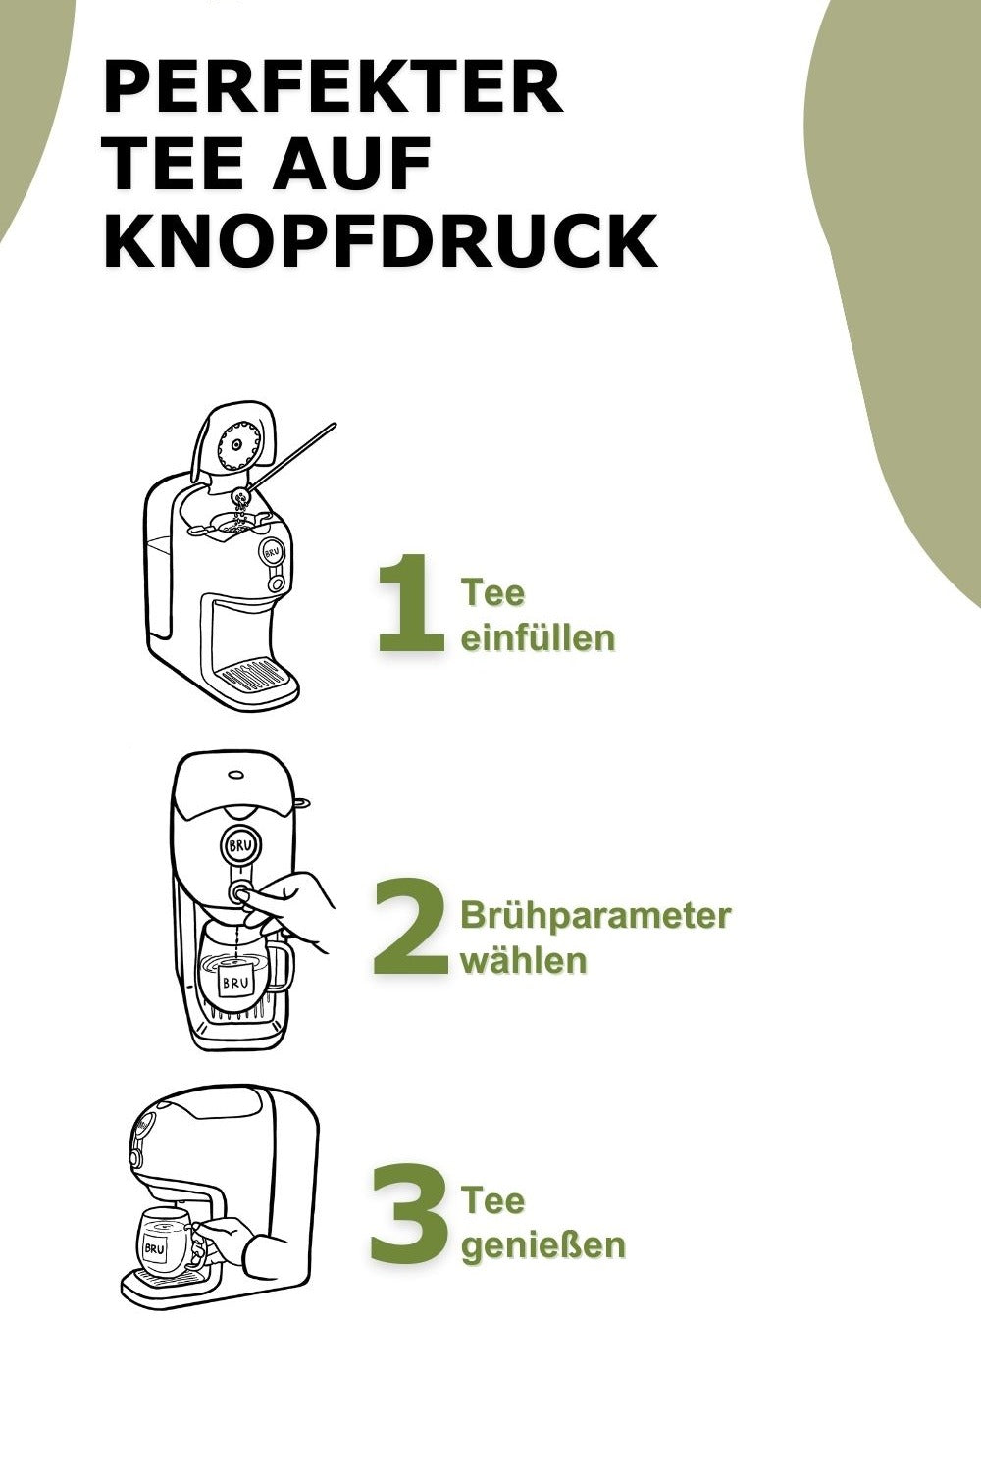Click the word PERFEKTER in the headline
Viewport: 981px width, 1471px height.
pos(334,86)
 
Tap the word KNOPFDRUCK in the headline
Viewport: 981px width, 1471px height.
pos(381,240)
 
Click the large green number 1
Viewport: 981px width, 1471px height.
pos(410,603)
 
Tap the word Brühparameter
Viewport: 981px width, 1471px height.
pos(595,916)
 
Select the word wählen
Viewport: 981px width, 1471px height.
pos(523,960)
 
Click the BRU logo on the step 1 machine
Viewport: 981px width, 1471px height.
pos(273,552)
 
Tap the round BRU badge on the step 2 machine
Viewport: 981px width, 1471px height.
pos(239,847)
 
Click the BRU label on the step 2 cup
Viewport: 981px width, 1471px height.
pos(235,983)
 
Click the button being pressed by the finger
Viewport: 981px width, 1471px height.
pos(239,893)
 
